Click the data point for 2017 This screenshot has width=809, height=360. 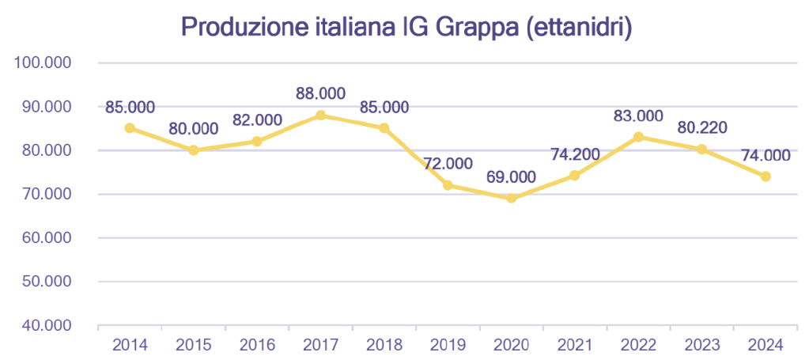(x=320, y=115)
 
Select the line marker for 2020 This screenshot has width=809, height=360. (x=511, y=198)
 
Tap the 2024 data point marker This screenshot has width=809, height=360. (x=766, y=176)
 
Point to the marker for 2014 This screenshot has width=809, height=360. (x=130, y=127)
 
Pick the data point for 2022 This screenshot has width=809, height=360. (x=638, y=136)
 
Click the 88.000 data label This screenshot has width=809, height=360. (x=320, y=93)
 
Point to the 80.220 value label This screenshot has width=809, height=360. (x=702, y=127)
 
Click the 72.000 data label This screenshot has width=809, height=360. (x=448, y=164)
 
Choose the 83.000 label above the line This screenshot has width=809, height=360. (x=638, y=116)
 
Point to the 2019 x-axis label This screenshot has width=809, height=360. (x=448, y=345)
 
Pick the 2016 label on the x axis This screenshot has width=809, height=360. (x=257, y=345)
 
